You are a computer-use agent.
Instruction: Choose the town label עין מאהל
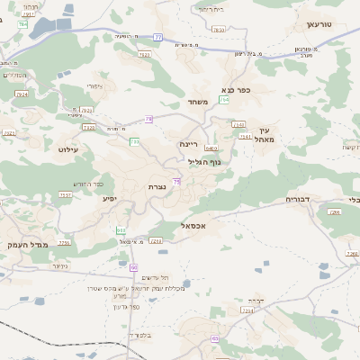click(263, 135)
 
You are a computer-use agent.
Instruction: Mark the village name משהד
click(198, 102)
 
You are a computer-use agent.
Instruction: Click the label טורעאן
click(319, 23)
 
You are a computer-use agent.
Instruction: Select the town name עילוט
click(69, 149)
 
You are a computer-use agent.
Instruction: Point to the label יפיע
click(110, 198)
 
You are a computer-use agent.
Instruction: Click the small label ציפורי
click(94, 86)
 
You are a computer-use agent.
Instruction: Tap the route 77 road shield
click(157, 37)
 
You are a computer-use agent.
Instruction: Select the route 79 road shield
click(148, 118)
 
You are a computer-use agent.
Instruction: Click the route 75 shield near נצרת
click(177, 182)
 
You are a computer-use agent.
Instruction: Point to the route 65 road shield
click(133, 267)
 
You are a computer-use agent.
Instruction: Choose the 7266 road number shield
click(334, 212)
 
